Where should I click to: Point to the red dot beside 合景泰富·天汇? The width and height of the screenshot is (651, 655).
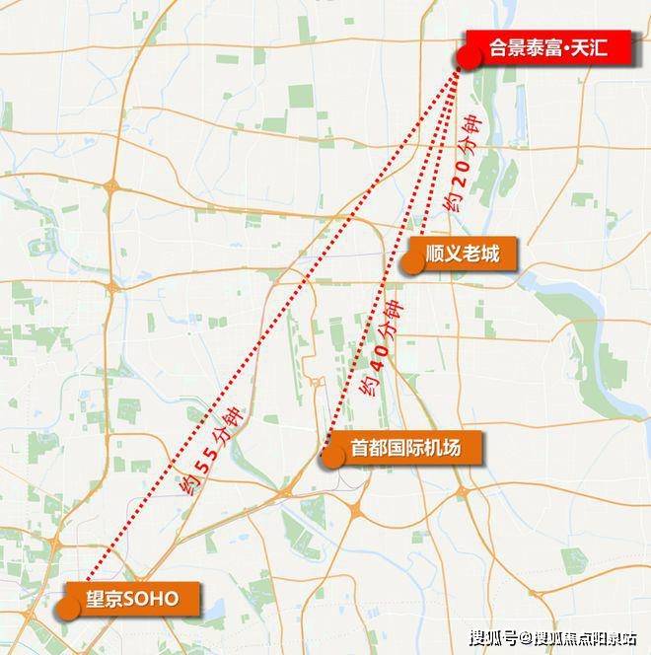point(469,58)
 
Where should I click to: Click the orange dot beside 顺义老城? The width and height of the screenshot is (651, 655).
point(410,263)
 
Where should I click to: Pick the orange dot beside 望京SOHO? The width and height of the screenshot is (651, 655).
point(67,607)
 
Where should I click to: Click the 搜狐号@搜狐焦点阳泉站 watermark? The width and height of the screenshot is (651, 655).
point(552,636)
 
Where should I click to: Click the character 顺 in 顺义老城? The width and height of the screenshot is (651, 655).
point(436,255)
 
